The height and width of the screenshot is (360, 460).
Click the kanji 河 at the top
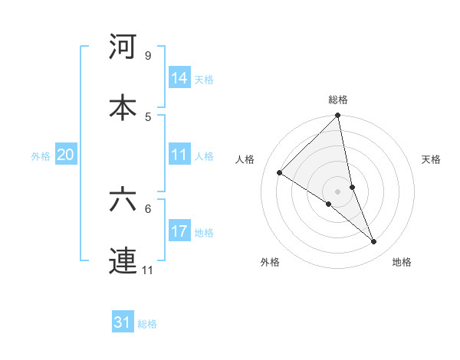tap(123, 47)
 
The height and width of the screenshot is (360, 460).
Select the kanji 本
tap(123, 106)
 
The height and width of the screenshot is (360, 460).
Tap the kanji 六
tap(123, 200)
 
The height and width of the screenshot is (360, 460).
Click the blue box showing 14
tap(179, 77)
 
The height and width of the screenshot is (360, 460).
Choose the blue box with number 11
tap(179, 155)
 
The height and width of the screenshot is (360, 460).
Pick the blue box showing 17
tap(179, 231)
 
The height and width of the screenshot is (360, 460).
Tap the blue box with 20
tap(66, 155)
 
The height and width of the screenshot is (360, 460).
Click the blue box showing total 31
tap(123, 322)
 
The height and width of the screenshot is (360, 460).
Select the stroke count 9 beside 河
tap(147, 56)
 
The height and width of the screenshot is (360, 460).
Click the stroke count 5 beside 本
tap(147, 116)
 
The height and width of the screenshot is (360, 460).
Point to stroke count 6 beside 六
tap(147, 208)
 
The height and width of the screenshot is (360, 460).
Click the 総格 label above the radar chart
tap(338, 100)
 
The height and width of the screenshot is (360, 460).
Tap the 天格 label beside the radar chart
tap(431, 159)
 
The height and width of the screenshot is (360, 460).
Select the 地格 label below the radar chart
tap(402, 262)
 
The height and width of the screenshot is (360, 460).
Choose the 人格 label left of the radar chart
tap(245, 159)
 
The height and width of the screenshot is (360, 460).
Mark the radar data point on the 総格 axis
tap(338, 116)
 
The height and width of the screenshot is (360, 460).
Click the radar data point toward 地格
tap(374, 242)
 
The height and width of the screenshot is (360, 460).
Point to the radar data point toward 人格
tap(280, 173)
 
